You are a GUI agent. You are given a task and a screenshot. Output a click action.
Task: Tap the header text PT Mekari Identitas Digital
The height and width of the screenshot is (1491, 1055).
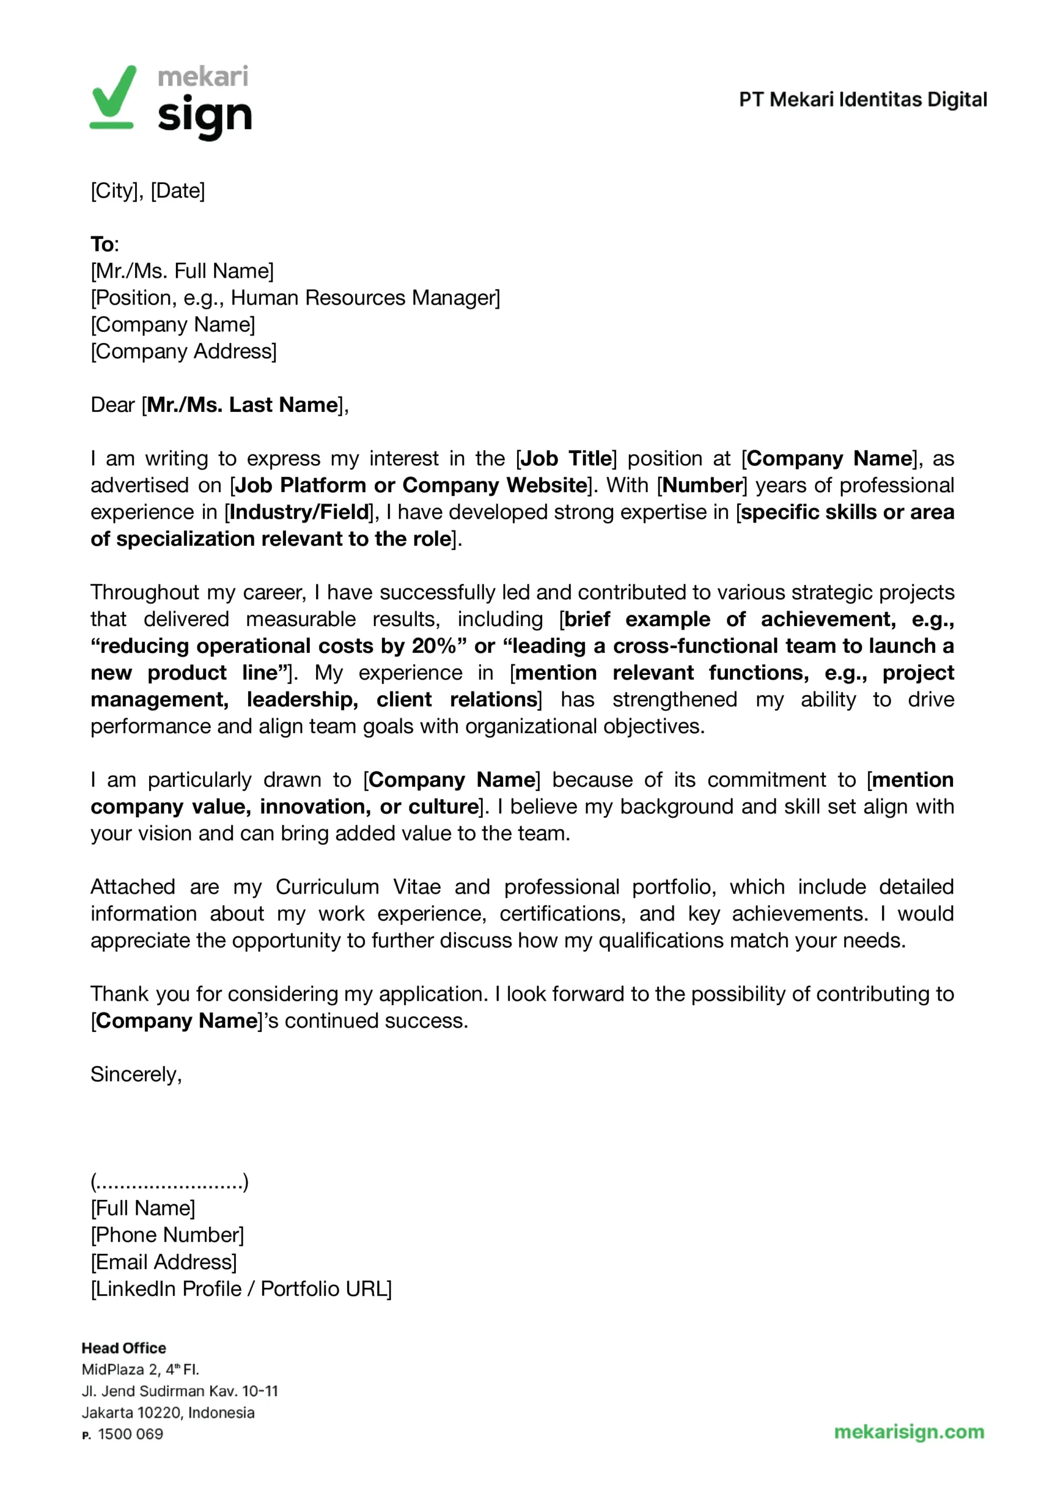coord(863,100)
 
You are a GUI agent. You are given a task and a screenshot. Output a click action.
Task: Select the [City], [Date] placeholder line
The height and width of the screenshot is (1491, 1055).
coord(147,191)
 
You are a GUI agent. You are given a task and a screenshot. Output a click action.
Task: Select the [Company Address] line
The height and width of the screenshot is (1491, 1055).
coord(183,351)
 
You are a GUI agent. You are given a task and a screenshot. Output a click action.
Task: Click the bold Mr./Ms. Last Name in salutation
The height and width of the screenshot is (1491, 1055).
coord(242,405)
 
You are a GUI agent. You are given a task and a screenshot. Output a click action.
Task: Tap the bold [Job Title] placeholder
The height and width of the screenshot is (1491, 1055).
coord(566,459)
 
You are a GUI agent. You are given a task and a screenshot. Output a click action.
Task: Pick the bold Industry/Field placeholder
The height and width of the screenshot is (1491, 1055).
coord(299,512)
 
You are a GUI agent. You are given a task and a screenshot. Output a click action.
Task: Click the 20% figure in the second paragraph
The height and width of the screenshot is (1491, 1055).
coord(434,646)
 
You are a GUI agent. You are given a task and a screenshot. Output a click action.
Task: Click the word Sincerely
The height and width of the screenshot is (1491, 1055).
coord(136,1075)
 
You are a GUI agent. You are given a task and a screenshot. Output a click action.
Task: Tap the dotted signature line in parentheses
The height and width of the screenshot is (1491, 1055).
coord(169,1182)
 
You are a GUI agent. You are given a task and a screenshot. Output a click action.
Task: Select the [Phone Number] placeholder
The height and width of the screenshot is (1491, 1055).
coord(167,1235)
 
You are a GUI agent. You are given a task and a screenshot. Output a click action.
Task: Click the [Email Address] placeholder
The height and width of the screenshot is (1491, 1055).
coord(164,1262)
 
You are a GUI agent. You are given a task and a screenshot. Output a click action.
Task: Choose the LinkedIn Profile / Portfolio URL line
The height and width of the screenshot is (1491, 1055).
coord(241,1289)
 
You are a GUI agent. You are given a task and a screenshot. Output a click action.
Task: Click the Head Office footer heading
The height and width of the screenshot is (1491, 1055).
coord(123,1348)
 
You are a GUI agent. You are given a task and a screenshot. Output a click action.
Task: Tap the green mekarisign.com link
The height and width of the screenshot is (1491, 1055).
coord(909,1432)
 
